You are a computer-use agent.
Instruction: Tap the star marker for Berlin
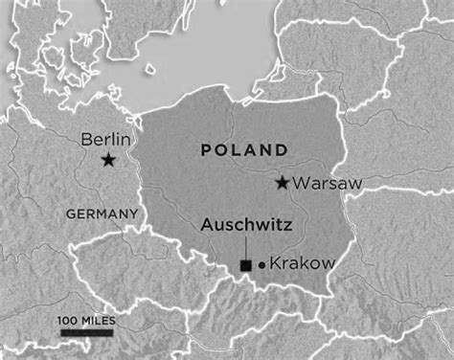click(x=108, y=161)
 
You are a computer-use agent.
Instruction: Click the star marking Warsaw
click(x=283, y=182)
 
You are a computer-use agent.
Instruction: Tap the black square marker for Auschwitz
click(x=246, y=264)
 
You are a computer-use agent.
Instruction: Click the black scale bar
click(x=87, y=332)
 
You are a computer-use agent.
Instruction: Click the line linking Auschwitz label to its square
click(x=246, y=247)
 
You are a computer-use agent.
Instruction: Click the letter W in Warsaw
click(x=302, y=182)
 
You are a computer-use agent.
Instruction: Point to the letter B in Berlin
click(x=83, y=139)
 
